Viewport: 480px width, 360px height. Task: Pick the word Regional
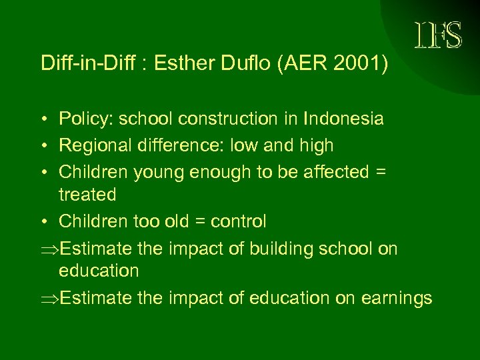[x=91, y=145]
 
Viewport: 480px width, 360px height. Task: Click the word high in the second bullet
[x=316, y=145]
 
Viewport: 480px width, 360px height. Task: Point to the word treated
[x=87, y=195]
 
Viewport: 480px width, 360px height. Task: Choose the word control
[x=240, y=221]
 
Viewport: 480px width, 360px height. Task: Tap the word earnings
[x=397, y=298]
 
